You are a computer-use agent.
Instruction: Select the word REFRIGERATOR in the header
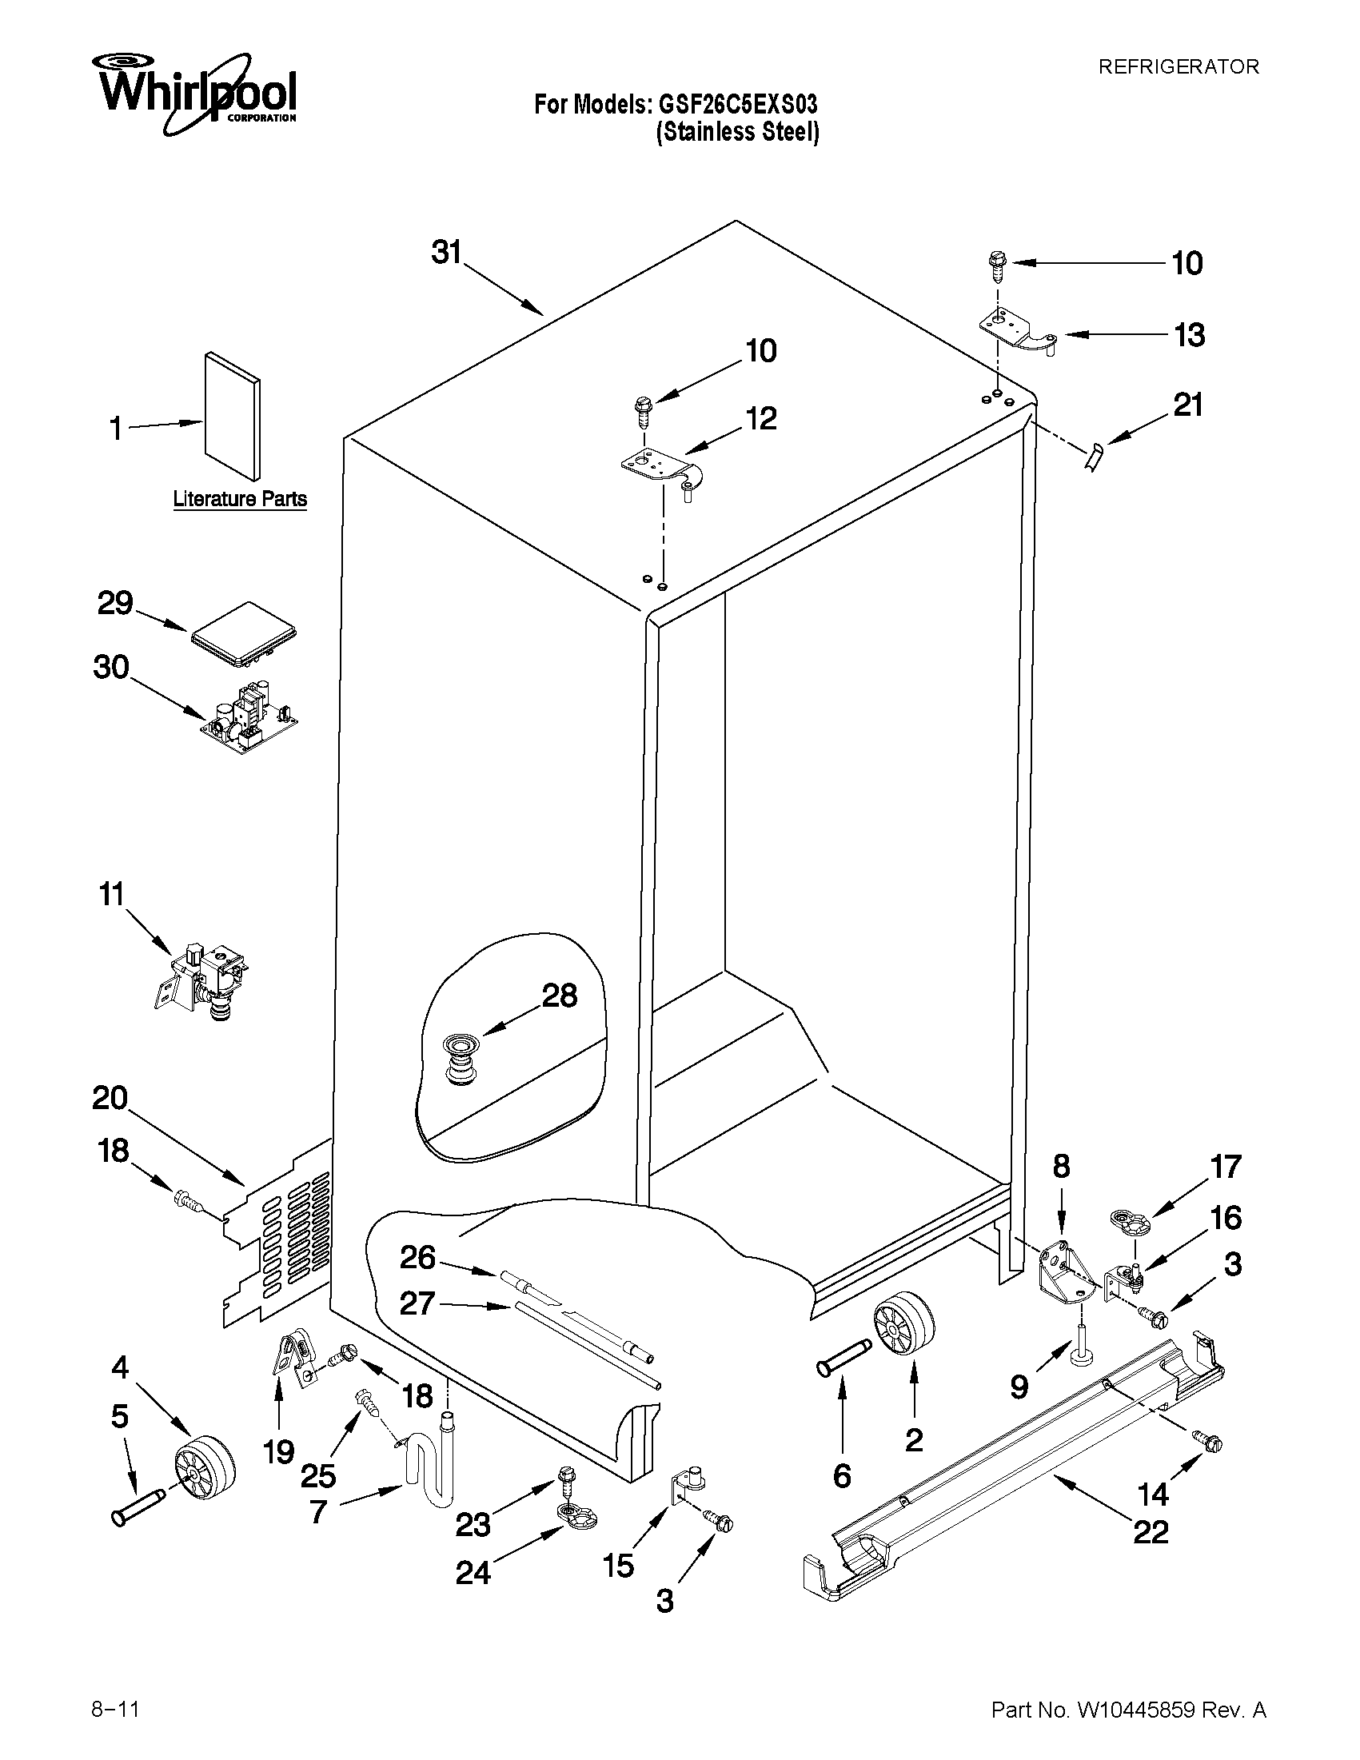(1178, 67)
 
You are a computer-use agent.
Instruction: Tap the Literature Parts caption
(240, 499)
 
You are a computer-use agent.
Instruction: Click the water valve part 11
(203, 981)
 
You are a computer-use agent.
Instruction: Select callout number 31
(446, 252)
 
